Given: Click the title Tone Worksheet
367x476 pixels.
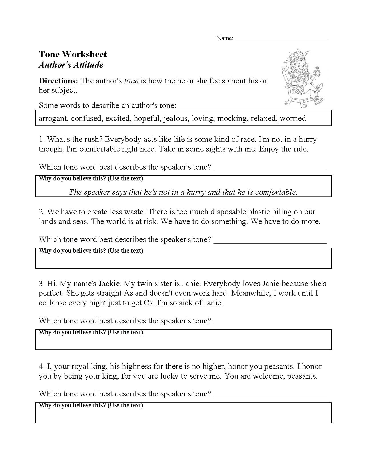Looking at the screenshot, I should click(x=73, y=54).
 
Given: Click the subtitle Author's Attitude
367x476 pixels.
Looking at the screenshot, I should click(x=71, y=65).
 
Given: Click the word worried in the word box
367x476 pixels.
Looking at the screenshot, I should click(x=293, y=118).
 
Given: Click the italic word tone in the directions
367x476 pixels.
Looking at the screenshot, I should click(x=131, y=81).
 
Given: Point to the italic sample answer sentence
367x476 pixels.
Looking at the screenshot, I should click(x=183, y=192).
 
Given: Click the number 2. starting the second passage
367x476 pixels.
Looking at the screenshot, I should click(x=42, y=212).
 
